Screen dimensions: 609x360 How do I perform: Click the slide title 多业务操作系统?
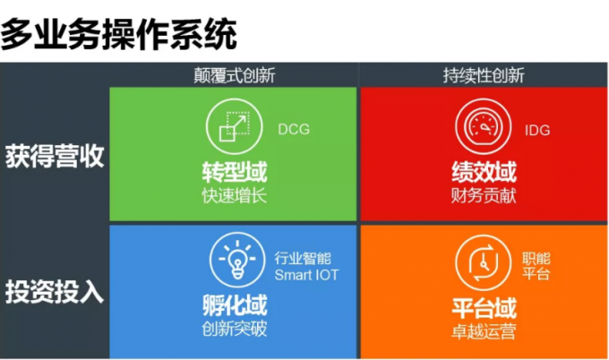point(119,34)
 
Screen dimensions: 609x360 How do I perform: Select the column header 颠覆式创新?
point(235,75)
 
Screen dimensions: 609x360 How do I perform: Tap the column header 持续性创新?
point(484,75)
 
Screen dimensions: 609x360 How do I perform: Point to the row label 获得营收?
point(55,156)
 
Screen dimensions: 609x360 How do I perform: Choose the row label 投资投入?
point(55,291)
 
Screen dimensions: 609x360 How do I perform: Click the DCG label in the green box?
point(294,129)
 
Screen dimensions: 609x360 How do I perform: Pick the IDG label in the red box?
point(537,130)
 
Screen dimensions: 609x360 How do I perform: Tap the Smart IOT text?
point(306,275)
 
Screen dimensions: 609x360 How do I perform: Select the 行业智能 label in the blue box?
point(303,258)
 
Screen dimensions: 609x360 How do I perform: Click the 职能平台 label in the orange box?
point(536,266)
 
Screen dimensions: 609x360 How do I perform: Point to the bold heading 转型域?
point(235,172)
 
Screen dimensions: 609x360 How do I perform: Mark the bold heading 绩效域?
point(484,172)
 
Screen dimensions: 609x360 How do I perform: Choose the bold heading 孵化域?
point(235,305)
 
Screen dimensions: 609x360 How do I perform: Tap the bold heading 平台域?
point(484,308)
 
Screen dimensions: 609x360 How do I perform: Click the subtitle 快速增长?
point(235,195)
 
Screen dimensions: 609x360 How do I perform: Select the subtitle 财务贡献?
point(484,195)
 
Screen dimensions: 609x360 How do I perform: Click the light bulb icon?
point(237,260)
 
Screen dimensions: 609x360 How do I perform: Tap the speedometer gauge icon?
point(484,127)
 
